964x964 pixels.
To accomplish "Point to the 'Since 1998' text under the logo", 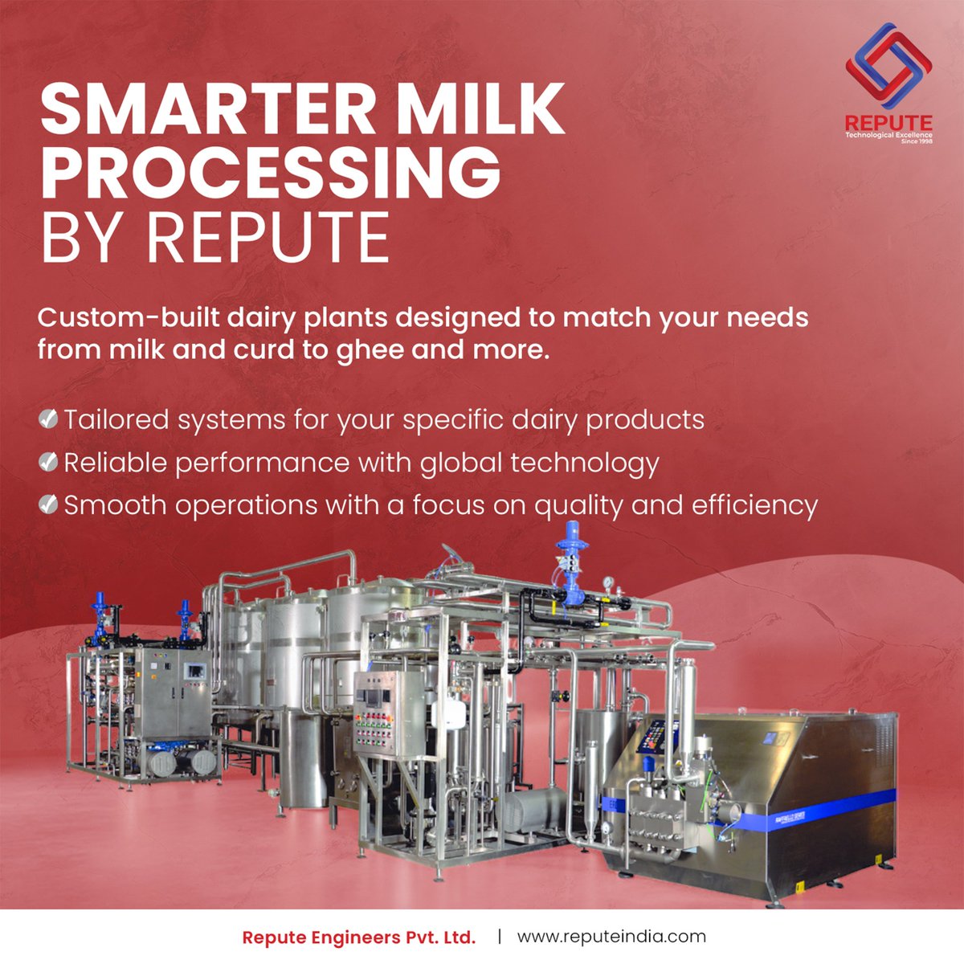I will coord(917,141).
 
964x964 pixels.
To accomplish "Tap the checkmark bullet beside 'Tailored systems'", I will coord(48,419).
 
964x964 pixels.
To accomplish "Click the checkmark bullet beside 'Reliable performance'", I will coord(48,462).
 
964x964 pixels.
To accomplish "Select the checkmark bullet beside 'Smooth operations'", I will coord(48,504).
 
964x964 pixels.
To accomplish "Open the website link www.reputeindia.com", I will coord(611,937).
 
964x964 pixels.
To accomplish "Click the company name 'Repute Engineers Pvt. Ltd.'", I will coord(359,937).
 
